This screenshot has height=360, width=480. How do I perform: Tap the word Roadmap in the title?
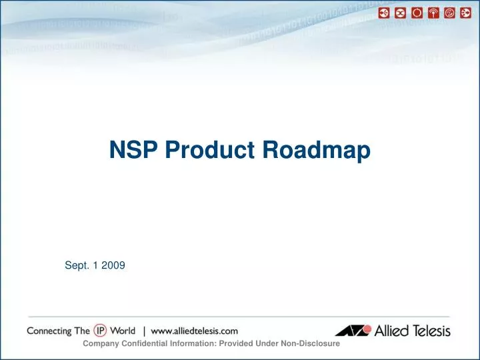(x=318, y=152)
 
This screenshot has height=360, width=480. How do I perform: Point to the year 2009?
(x=113, y=265)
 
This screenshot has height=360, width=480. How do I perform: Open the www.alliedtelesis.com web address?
(x=195, y=331)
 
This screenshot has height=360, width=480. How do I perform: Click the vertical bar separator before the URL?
(x=144, y=331)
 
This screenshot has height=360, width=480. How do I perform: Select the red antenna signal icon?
(x=433, y=13)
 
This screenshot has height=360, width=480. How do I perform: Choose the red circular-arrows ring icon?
(x=417, y=13)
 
